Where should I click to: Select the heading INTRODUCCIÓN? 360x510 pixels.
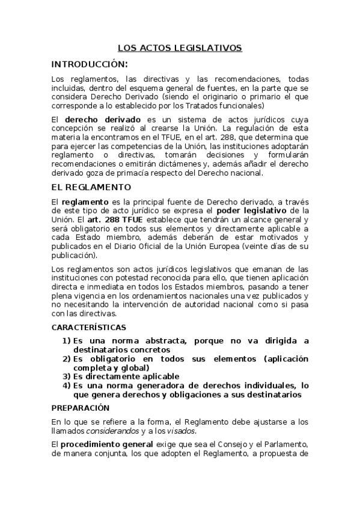(x=90, y=64)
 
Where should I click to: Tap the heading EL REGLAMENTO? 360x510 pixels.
(x=91, y=187)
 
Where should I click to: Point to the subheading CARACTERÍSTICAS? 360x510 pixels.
(x=89, y=328)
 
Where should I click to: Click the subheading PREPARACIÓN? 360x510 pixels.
(x=81, y=408)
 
